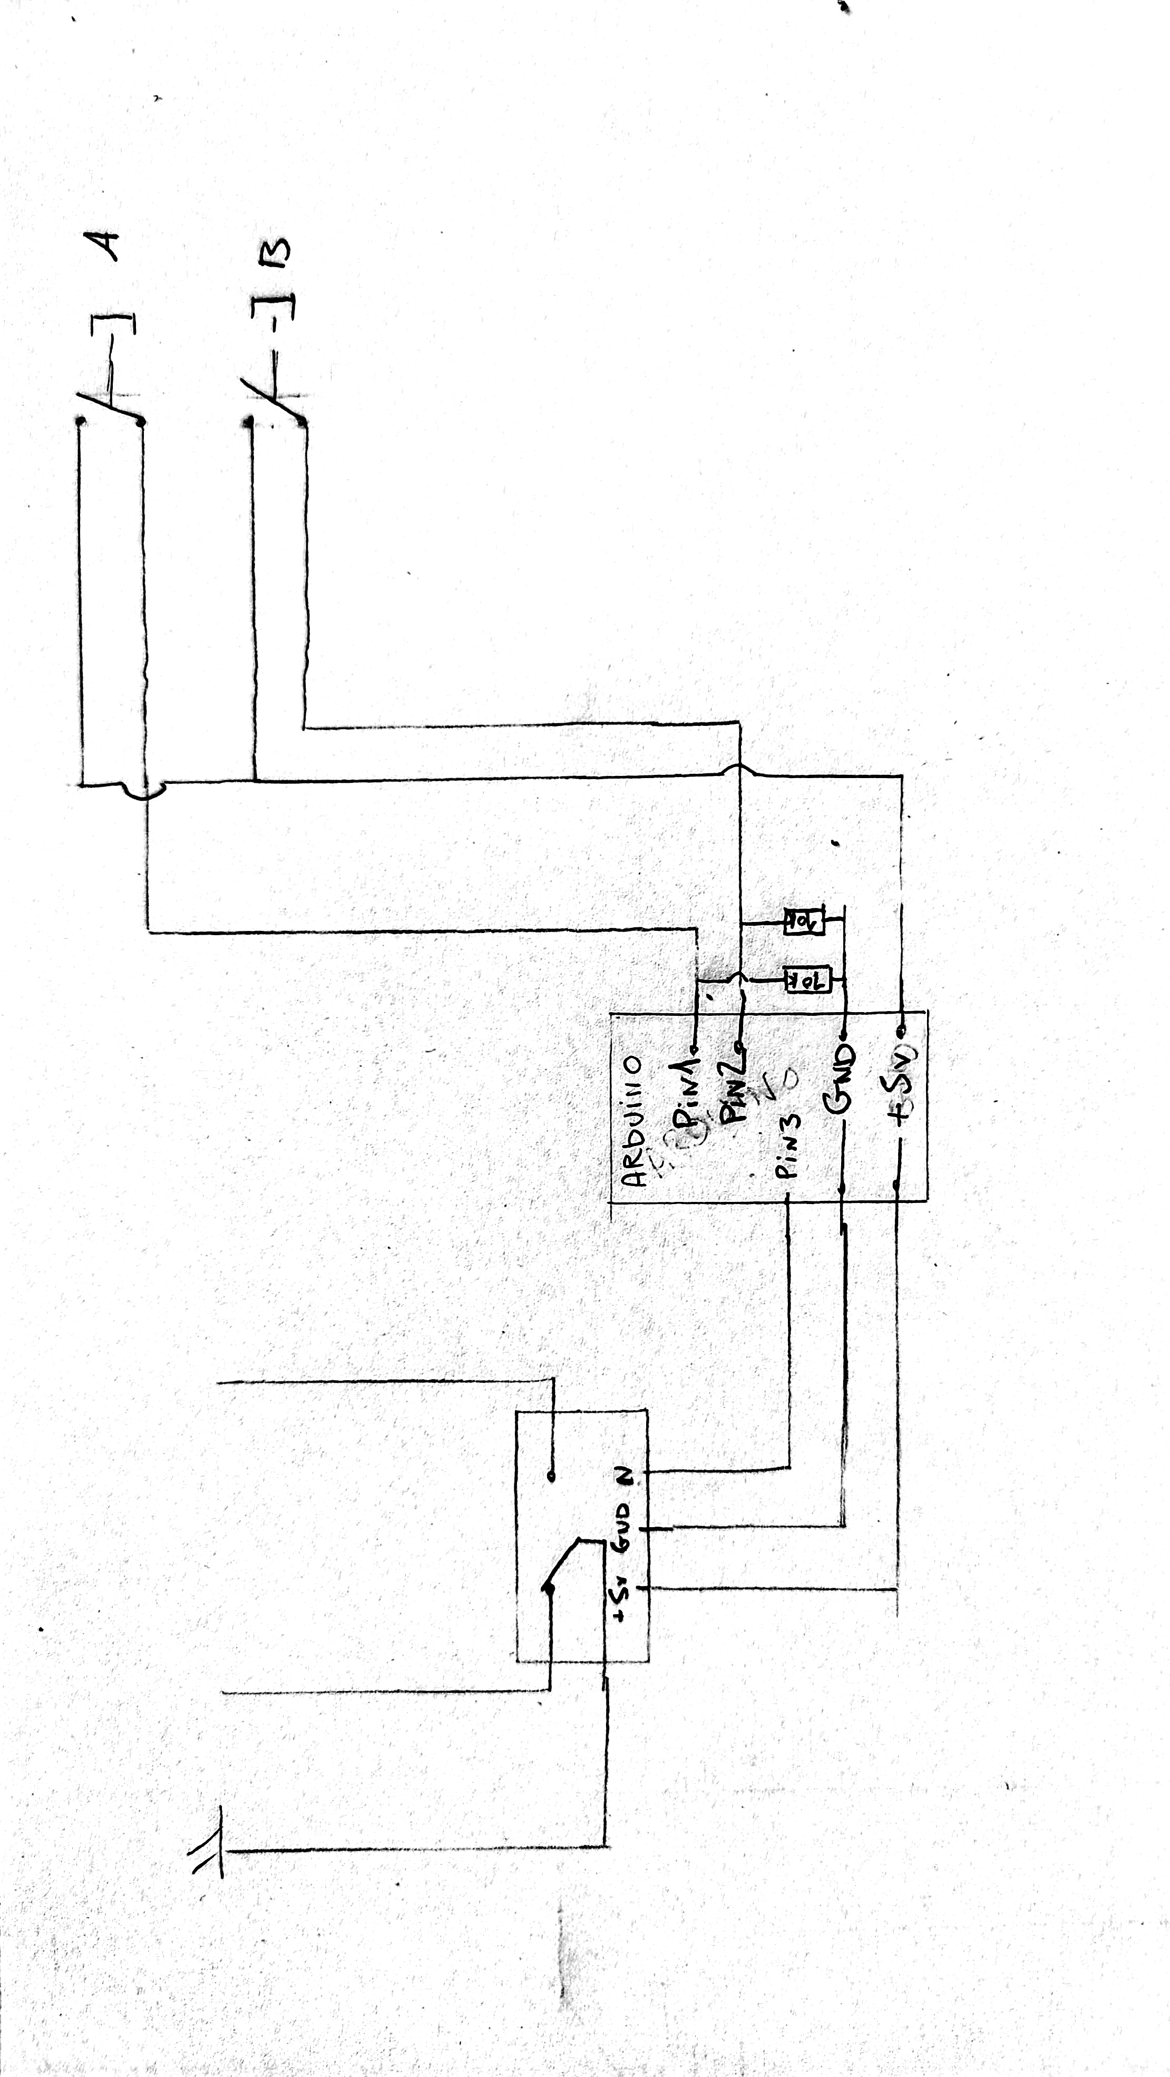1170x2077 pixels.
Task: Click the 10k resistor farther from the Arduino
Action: pyautogui.click(x=804, y=921)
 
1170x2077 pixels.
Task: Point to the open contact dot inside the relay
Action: pyautogui.click(x=552, y=1476)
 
